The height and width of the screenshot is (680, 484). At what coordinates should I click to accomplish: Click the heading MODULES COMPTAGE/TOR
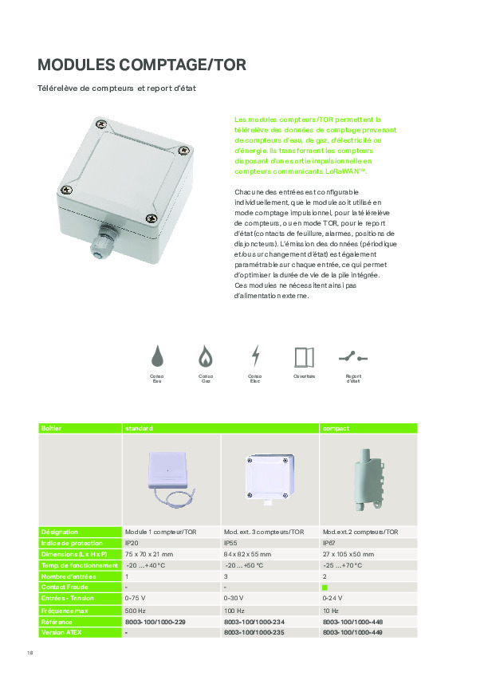click(x=143, y=65)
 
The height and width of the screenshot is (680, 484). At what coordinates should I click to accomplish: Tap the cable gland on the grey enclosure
click(x=101, y=238)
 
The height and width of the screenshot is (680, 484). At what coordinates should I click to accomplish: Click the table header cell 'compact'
click(x=336, y=428)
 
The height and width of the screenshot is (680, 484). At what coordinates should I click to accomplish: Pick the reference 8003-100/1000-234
click(x=254, y=621)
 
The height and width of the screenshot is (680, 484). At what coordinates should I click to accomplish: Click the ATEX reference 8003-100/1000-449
click(x=352, y=632)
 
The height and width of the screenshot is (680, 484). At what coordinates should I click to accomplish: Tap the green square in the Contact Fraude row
click(x=325, y=587)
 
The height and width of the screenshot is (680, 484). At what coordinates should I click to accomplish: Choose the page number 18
click(x=30, y=655)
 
